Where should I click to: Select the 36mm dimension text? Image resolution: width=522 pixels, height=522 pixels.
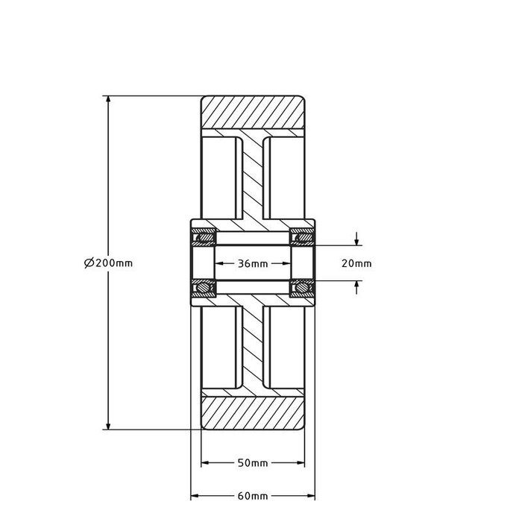tap(253, 263)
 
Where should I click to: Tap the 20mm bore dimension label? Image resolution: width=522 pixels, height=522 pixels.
tap(356, 263)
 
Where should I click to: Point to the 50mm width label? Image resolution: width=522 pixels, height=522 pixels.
tap(252, 463)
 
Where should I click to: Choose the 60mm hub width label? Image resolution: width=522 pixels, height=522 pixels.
tap(253, 496)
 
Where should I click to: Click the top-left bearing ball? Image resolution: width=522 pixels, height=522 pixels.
tap(201, 239)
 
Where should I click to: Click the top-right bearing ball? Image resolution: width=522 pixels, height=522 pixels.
tap(304, 239)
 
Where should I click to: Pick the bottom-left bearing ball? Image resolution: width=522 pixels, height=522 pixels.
tap(201, 287)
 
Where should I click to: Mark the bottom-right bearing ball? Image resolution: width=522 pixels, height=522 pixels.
tap(304, 287)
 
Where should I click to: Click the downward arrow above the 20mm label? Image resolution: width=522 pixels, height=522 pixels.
tap(357, 241)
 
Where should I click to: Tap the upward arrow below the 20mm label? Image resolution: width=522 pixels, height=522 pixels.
tap(357, 285)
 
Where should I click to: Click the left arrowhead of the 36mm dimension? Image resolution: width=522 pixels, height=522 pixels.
tap(219, 263)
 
